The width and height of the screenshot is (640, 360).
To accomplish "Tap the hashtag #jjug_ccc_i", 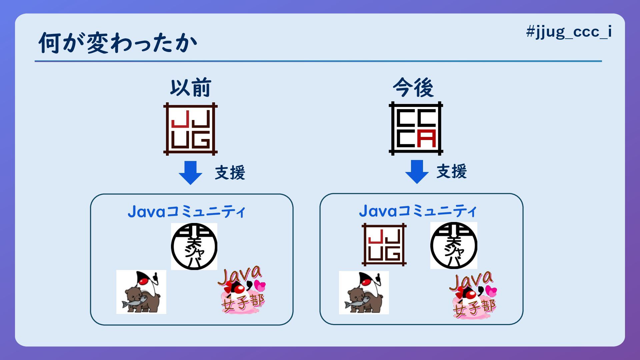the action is pyautogui.click(x=569, y=32).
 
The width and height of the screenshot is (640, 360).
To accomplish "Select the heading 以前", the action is pyautogui.click(x=190, y=88).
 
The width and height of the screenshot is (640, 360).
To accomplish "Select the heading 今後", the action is pyautogui.click(x=413, y=88).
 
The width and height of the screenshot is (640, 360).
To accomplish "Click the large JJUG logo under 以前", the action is pyautogui.click(x=190, y=129).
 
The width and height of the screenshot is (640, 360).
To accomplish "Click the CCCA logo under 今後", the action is pyautogui.click(x=416, y=128).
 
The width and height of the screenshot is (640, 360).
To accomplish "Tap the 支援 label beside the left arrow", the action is pyautogui.click(x=230, y=173).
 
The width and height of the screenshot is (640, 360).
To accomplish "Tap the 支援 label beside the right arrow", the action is pyautogui.click(x=452, y=172).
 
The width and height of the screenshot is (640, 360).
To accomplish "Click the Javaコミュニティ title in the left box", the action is pyautogui.click(x=186, y=212).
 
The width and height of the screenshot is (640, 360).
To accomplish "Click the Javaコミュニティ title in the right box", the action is pyautogui.click(x=418, y=211).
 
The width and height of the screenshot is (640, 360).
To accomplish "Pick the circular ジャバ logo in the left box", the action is pyautogui.click(x=194, y=246).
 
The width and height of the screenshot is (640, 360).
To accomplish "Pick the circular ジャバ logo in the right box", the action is pyautogui.click(x=454, y=246).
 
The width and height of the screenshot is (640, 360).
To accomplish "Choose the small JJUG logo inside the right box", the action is pyautogui.click(x=384, y=245).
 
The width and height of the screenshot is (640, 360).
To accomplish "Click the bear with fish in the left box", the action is pyautogui.click(x=141, y=292).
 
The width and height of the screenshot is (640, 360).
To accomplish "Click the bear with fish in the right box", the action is pyautogui.click(x=364, y=293).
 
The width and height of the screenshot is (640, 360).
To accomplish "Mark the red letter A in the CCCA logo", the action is pyautogui.click(x=427, y=139).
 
